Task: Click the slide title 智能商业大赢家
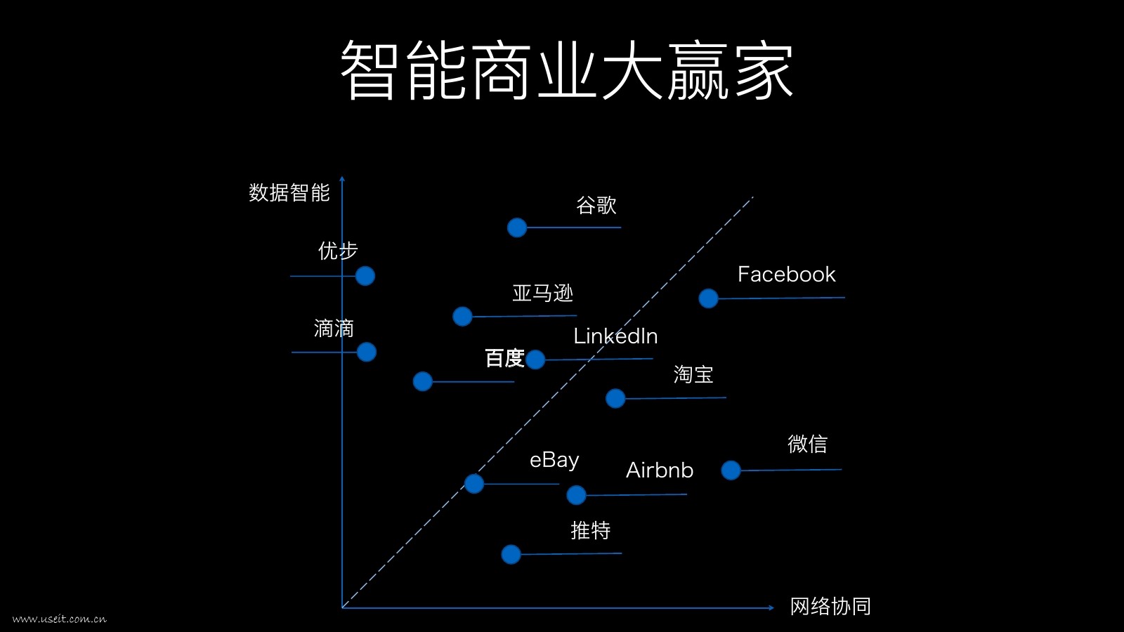pos(567,70)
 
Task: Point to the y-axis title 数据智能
pos(289,192)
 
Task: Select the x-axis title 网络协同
pos(830,606)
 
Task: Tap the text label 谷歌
pos(596,205)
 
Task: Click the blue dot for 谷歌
pos(517,228)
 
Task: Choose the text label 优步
pos(338,251)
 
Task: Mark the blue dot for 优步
pos(365,276)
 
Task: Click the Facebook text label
pos(786,275)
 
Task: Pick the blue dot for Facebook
pos(708,298)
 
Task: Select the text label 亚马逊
pos(542,293)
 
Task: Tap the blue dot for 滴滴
pos(367,352)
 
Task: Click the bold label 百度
pos(504,358)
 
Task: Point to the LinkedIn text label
pos(615,336)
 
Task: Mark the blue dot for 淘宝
pos(615,399)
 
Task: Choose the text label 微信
pos(807,444)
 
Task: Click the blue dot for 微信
pos(731,470)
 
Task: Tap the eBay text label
pos(554,460)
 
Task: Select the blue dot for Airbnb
pos(576,495)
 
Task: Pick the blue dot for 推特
pos(511,554)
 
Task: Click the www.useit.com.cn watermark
pos(60,619)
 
